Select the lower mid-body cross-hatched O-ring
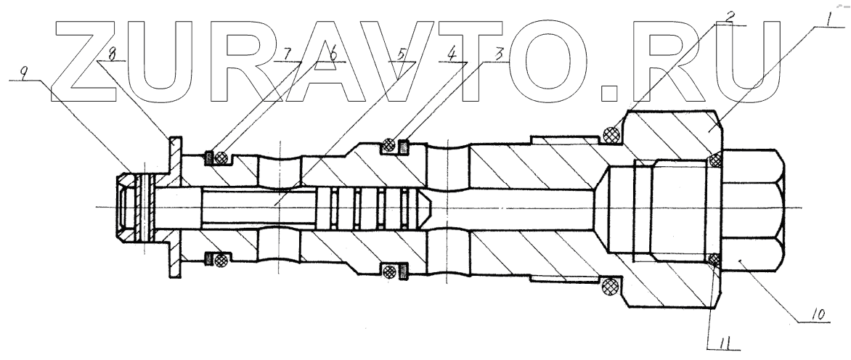click(x=391, y=271)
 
